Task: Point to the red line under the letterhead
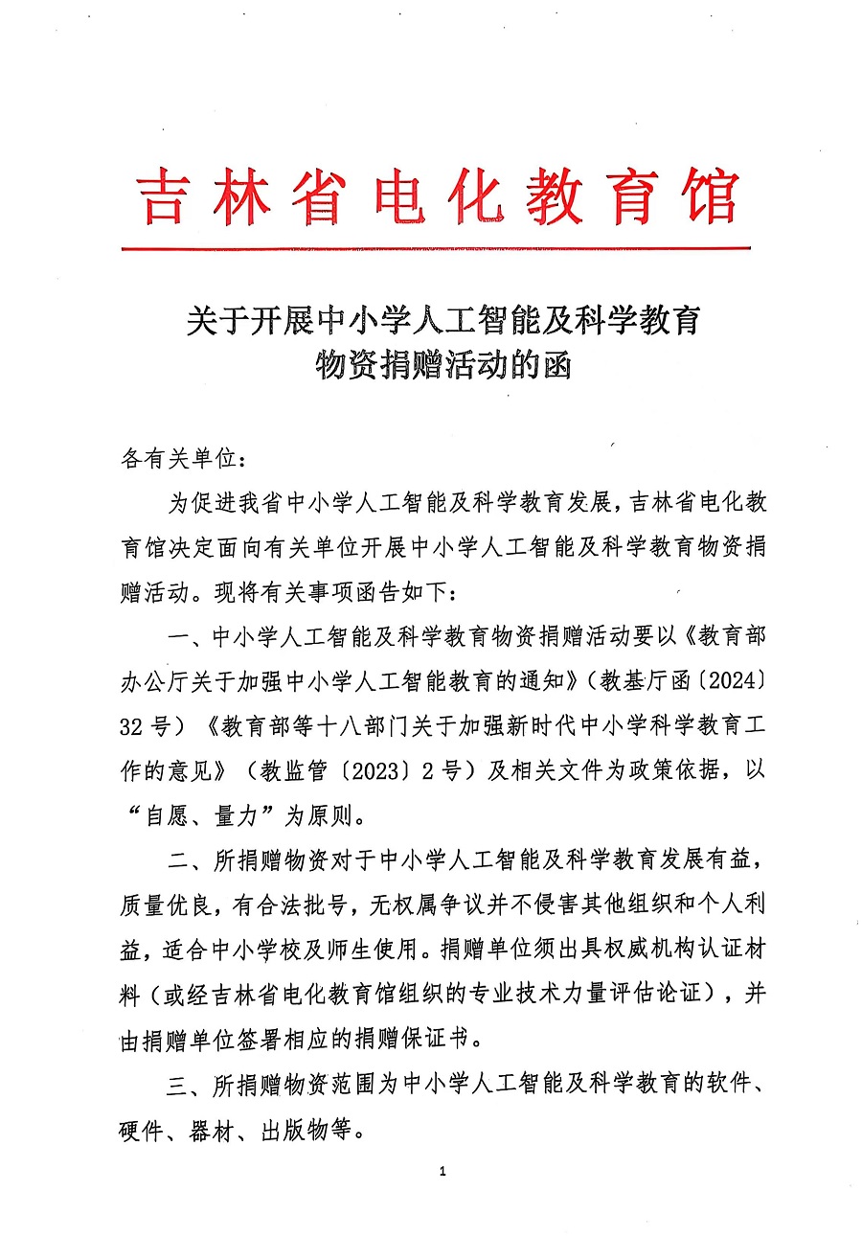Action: [436, 249]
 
